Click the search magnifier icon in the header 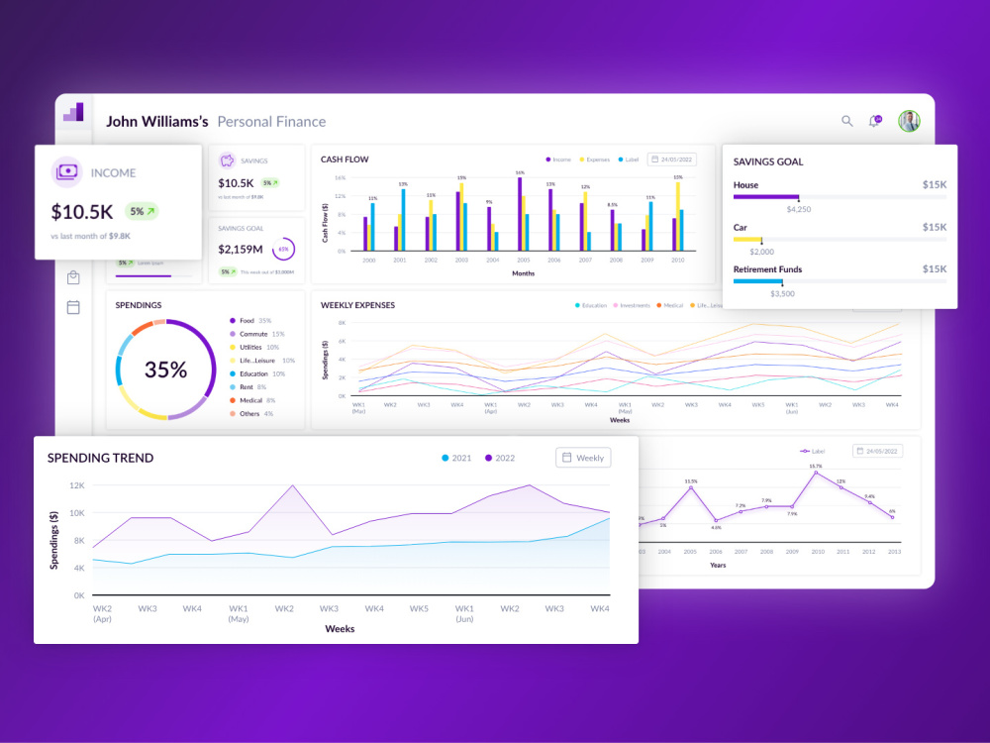[x=846, y=121]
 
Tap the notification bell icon [x=874, y=121]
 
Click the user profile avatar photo [x=909, y=121]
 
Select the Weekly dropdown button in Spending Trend [x=583, y=458]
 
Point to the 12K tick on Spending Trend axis [x=76, y=485]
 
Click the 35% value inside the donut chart [x=165, y=370]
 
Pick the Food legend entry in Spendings [x=246, y=321]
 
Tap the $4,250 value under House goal [x=798, y=209]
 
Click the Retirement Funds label [x=767, y=269]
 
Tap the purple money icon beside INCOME [x=66, y=172]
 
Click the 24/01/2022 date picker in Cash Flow [x=671, y=159]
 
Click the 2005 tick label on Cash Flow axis [x=522, y=261]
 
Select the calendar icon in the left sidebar [x=73, y=307]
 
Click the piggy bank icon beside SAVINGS [x=227, y=160]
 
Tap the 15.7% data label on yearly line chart [x=815, y=466]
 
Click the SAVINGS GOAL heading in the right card [x=768, y=161]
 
